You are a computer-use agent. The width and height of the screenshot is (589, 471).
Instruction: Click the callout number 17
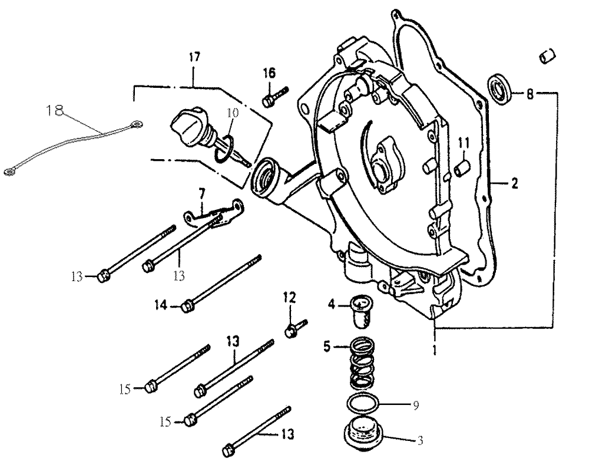point(194,58)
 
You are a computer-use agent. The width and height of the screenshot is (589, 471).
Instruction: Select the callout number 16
point(269,73)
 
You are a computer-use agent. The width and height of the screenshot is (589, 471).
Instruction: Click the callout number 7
point(201,193)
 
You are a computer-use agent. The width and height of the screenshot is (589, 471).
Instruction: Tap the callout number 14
point(161,305)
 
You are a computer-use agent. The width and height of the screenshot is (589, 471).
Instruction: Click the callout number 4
point(332,305)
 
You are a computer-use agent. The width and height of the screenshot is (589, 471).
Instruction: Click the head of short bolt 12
point(290,332)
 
